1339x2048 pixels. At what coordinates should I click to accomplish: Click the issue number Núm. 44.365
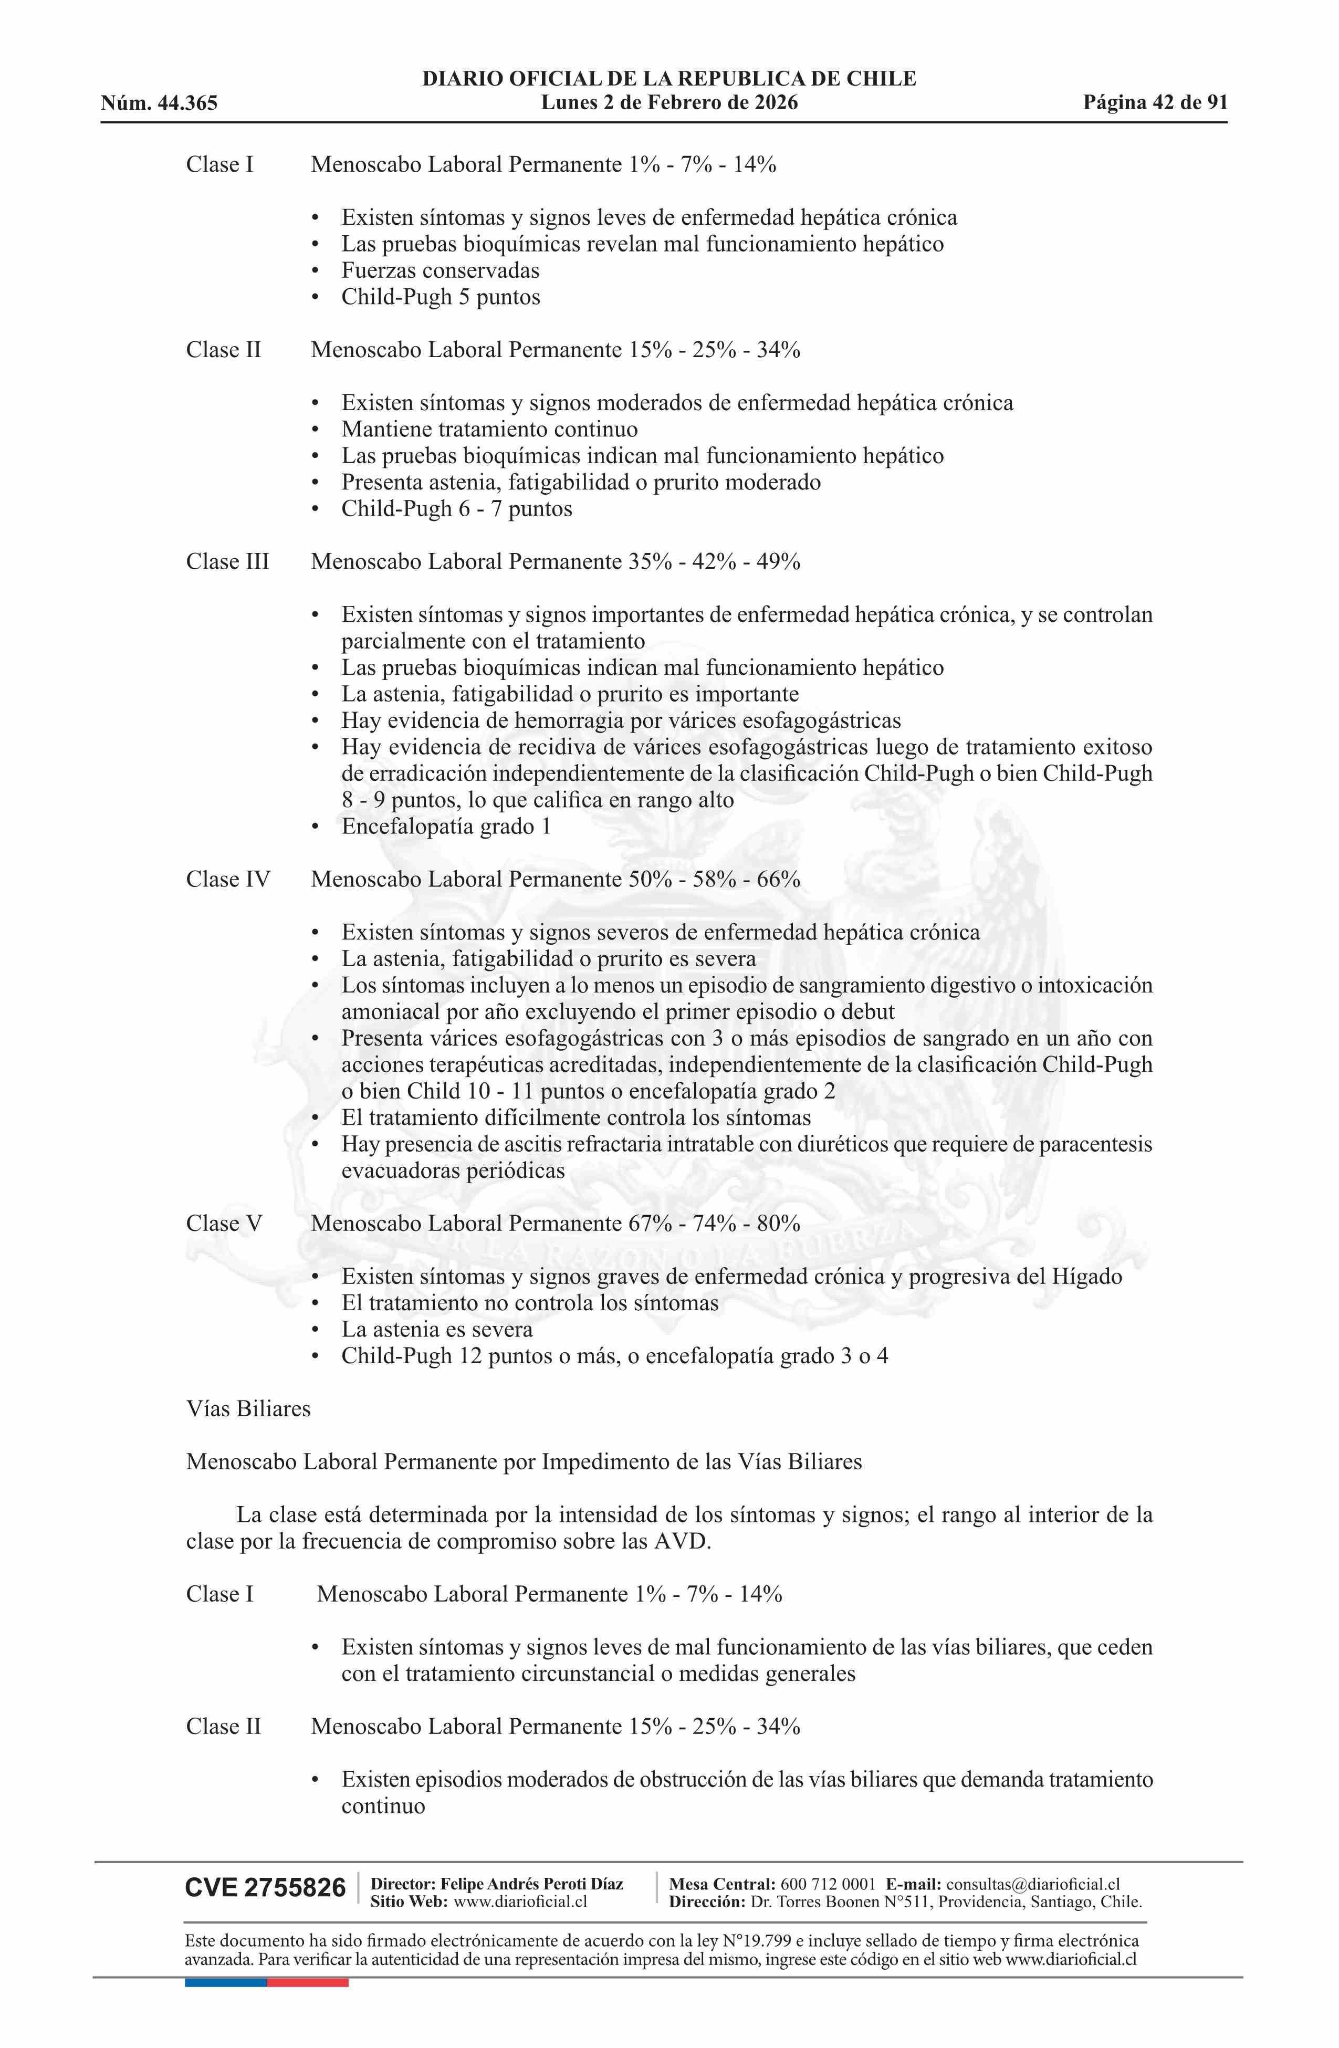click(159, 103)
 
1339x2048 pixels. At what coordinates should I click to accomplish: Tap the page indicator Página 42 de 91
click(1155, 103)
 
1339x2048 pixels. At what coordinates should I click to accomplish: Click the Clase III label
click(227, 562)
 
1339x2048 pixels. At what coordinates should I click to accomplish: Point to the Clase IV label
click(227, 880)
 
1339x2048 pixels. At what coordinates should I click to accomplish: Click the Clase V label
click(224, 1224)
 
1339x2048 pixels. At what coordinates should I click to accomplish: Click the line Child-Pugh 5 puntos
click(441, 298)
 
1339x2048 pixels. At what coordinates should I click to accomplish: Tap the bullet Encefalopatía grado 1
click(446, 827)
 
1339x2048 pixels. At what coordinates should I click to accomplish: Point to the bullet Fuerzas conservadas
click(440, 271)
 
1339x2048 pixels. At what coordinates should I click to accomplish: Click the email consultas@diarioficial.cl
click(1033, 1885)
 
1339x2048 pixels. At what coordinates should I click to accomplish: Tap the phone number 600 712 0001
click(828, 1885)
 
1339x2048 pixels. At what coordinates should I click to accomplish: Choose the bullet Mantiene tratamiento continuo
click(489, 430)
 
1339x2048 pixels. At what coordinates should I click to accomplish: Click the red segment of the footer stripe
click(307, 1982)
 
